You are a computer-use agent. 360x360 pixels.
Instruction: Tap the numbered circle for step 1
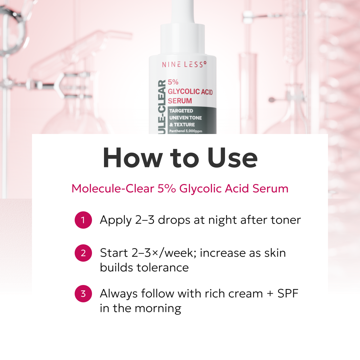(83, 220)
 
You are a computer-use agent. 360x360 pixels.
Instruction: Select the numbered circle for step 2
(83, 253)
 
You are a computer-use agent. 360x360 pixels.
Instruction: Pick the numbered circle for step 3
(83, 294)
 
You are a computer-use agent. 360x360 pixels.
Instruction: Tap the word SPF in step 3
(288, 294)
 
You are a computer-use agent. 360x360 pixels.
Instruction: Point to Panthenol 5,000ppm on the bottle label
(186, 131)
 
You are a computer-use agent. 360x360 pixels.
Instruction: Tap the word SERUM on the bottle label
(180, 101)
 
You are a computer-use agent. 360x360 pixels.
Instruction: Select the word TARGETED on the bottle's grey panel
(181, 111)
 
